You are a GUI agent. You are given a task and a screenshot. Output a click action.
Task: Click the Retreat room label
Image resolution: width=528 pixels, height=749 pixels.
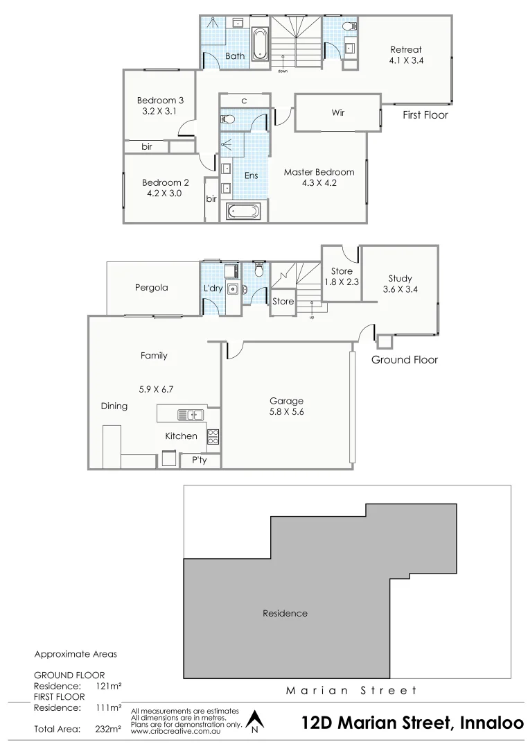(x=405, y=49)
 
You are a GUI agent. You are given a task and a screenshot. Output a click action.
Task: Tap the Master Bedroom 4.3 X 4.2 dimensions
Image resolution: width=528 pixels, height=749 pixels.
(x=319, y=183)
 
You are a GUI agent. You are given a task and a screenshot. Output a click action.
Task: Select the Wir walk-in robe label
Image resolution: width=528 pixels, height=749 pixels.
(x=338, y=112)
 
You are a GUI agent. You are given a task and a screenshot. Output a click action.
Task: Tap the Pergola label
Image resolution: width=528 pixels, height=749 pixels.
(x=152, y=287)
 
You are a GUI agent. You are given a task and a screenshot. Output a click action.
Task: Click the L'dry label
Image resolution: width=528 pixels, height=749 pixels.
(x=212, y=289)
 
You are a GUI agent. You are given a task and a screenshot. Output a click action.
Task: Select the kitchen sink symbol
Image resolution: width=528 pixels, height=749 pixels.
(x=188, y=415)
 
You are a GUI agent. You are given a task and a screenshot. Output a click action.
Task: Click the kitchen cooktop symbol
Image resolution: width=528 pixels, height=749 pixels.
(x=213, y=436)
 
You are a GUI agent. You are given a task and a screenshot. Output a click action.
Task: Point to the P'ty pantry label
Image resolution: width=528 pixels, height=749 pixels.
(x=199, y=460)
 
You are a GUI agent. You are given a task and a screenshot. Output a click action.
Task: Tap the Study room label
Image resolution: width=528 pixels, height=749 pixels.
(x=400, y=279)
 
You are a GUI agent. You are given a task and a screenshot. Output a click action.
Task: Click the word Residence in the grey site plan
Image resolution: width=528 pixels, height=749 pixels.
(x=285, y=613)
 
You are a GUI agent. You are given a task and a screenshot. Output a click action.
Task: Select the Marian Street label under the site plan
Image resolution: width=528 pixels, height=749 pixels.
(x=352, y=690)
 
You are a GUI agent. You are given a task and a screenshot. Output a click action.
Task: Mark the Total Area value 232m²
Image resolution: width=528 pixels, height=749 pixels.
(x=109, y=729)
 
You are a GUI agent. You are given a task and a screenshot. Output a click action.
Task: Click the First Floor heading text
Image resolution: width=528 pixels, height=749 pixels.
(x=425, y=115)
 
